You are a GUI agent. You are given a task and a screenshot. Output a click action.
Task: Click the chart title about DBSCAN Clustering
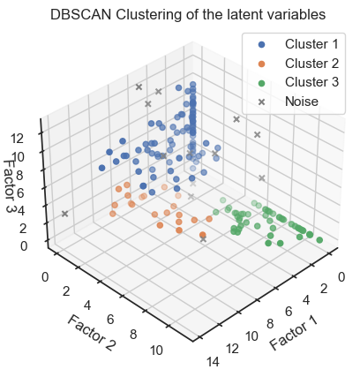[x=188, y=14]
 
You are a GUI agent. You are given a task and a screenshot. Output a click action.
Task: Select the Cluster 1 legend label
[x=311, y=44]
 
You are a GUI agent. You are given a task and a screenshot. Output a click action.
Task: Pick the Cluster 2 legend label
[x=311, y=64]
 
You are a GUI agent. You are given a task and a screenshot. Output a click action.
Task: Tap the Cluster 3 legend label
[x=311, y=82]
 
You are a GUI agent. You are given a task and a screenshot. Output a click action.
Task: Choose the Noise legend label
[x=302, y=102]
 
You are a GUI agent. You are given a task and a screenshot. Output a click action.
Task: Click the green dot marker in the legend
[x=261, y=83]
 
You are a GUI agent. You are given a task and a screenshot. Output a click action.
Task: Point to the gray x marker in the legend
[x=261, y=102]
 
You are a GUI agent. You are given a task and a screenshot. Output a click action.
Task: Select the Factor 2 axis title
[x=92, y=333]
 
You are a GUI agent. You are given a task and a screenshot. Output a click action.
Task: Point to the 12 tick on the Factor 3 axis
[x=17, y=139]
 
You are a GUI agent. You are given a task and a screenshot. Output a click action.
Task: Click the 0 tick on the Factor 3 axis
[x=24, y=246]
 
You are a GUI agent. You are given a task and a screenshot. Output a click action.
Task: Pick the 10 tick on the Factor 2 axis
[x=156, y=351]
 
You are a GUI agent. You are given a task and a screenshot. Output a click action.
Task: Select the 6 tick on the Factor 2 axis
[x=110, y=320]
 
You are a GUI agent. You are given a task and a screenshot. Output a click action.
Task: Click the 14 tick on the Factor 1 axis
[x=213, y=362]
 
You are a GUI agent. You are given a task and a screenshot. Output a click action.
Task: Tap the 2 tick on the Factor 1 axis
[x=324, y=289]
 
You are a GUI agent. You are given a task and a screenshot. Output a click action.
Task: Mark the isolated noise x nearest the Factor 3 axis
[x=65, y=214]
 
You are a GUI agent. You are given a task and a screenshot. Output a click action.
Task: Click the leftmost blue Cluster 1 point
[x=102, y=168]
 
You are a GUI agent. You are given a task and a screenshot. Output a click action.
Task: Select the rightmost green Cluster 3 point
[x=319, y=240]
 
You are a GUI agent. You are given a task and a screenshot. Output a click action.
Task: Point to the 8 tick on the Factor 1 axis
[x=270, y=324]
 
